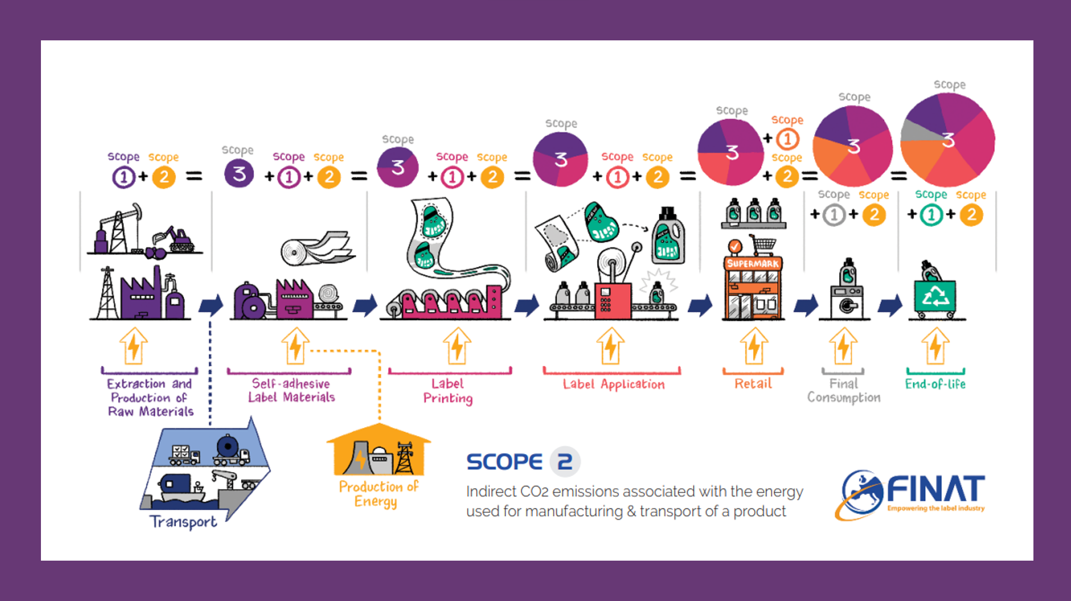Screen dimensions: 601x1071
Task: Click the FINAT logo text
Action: pos(935,489)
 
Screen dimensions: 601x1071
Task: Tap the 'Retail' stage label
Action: pos(753,384)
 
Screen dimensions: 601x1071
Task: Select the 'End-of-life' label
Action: pos(935,384)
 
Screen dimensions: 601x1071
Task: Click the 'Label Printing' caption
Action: pos(447,391)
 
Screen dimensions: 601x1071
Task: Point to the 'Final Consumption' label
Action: pos(844,391)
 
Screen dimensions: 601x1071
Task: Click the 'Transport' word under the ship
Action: pos(183,521)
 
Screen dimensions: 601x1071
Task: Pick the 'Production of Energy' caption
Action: pos(378,493)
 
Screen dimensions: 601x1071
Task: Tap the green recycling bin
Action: pos(935,295)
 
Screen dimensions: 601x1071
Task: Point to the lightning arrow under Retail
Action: pos(754,346)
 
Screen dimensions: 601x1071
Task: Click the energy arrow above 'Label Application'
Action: pos(611,346)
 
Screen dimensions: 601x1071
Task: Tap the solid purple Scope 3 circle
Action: pos(239,174)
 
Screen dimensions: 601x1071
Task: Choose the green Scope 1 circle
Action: pos(931,215)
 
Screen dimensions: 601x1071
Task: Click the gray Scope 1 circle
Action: pos(834,215)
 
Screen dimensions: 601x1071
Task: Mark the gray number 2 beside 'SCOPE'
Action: pos(565,461)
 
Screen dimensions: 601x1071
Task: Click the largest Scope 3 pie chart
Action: pos(948,140)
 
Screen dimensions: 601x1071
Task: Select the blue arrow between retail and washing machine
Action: pos(806,306)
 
